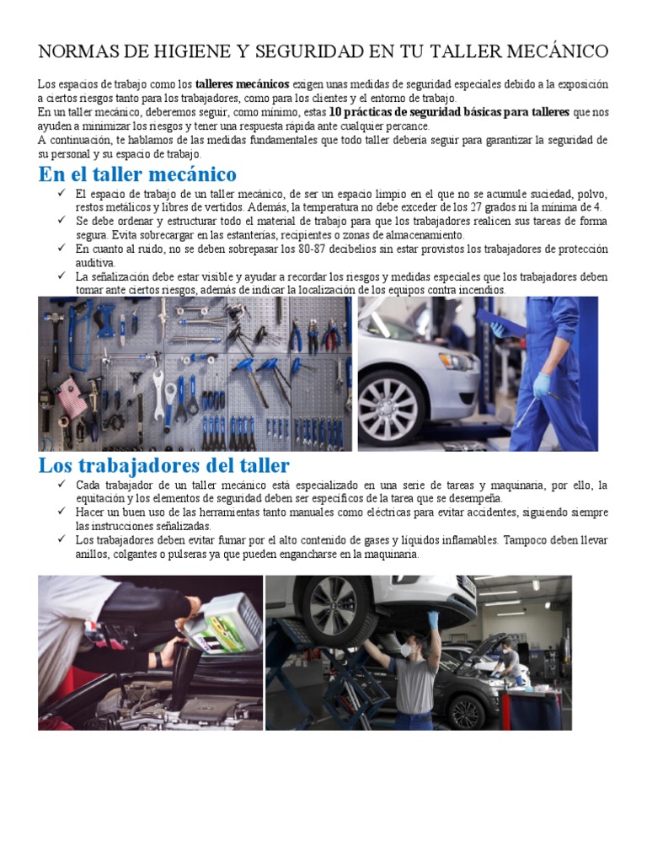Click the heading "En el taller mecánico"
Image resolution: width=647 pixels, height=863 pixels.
point(137,174)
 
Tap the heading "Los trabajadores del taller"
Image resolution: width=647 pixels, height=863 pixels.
point(163,465)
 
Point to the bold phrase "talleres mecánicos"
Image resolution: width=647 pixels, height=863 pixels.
point(243,85)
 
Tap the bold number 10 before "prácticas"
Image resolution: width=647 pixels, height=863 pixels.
point(335,112)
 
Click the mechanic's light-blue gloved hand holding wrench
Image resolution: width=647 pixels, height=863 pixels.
point(543,385)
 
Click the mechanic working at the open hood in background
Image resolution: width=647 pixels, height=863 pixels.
point(509,661)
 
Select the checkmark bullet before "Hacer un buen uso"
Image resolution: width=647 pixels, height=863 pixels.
point(61,512)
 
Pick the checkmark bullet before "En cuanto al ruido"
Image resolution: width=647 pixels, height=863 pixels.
point(61,249)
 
